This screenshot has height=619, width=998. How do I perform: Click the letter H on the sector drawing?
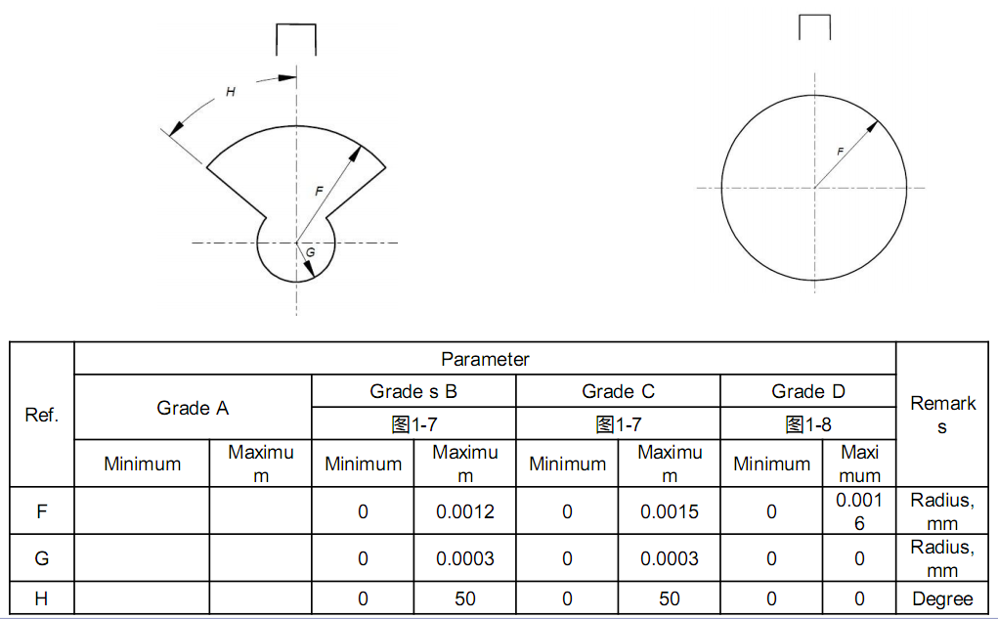231,92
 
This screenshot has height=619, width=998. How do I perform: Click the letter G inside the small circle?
310,252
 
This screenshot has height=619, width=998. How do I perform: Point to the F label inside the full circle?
841,152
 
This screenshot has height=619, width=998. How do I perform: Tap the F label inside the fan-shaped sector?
319,191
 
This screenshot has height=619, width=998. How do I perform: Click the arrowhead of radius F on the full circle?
872,127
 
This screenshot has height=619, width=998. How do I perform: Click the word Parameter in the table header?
485,359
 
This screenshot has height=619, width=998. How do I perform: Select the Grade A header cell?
193,408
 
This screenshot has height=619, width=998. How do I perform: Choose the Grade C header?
618,391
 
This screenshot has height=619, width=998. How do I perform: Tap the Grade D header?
808,391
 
